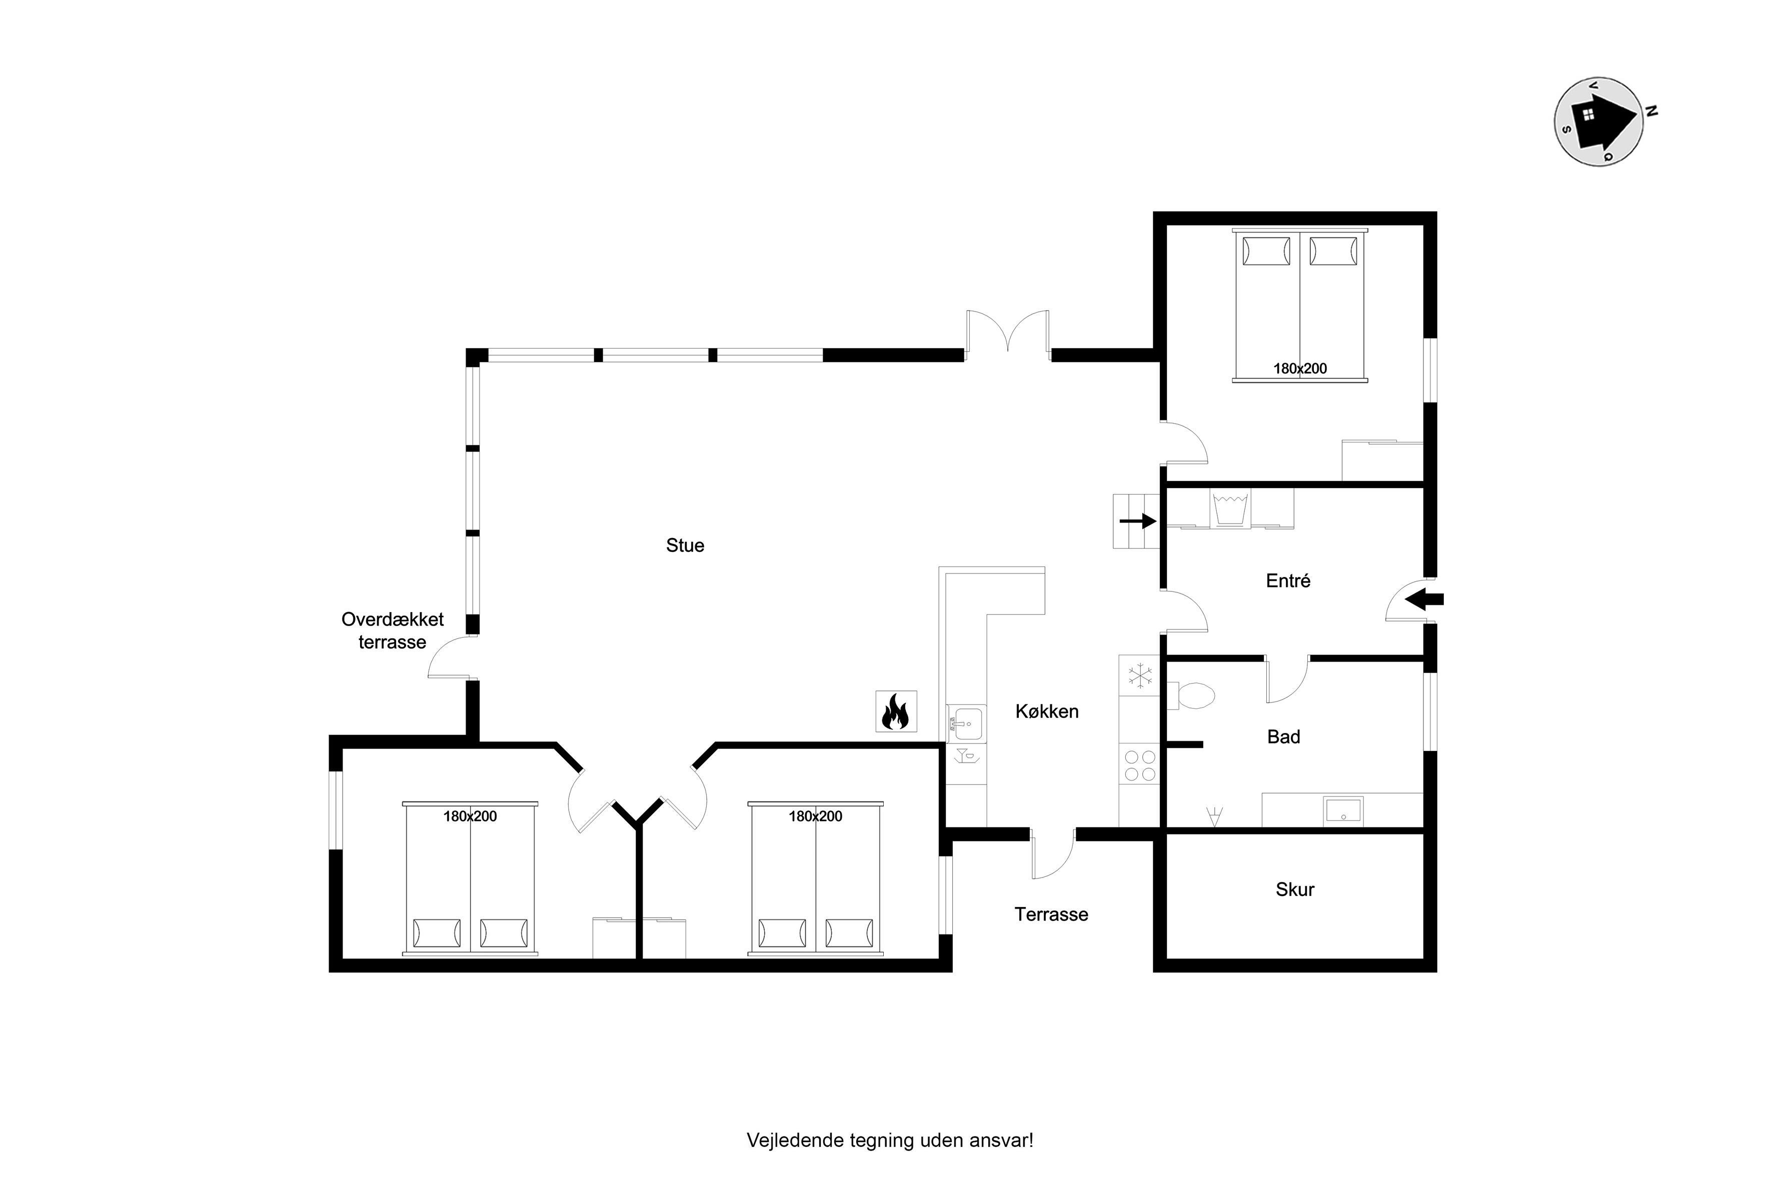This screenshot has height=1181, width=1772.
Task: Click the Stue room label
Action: (x=685, y=545)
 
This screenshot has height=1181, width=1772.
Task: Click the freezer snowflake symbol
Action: (x=1140, y=675)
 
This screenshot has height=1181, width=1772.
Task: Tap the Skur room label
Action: (x=1294, y=889)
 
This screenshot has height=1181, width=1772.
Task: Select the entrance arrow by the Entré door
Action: (x=1424, y=599)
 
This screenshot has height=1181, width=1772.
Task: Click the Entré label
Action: (x=1288, y=580)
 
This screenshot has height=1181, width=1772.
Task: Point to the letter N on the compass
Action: (x=1651, y=112)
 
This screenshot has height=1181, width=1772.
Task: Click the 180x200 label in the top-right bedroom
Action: (x=1300, y=368)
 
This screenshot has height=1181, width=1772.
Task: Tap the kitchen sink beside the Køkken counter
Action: (x=967, y=724)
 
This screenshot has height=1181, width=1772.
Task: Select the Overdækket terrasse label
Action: (x=393, y=630)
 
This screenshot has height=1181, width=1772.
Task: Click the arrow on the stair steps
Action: (x=1138, y=520)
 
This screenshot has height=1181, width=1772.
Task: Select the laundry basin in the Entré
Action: (x=1230, y=508)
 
